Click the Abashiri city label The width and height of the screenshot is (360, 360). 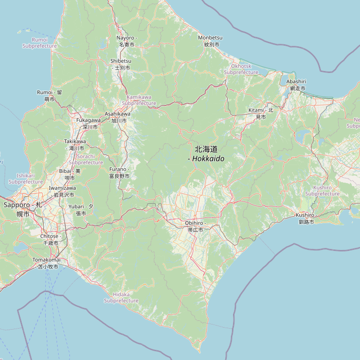296,85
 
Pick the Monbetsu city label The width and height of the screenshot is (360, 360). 210,41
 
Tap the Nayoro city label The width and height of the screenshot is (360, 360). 125,41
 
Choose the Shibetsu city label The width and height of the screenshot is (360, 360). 121,64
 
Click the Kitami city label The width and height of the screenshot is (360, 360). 261,113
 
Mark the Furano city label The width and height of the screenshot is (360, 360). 119,172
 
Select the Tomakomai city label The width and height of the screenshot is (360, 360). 46,263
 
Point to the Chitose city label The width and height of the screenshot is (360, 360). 50,239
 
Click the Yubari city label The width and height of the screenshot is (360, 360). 81,209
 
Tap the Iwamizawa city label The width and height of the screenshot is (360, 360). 62,191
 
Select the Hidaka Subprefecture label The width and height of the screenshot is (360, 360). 121,297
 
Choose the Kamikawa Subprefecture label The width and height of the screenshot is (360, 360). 139,100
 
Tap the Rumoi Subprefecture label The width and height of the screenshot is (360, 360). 40,43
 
